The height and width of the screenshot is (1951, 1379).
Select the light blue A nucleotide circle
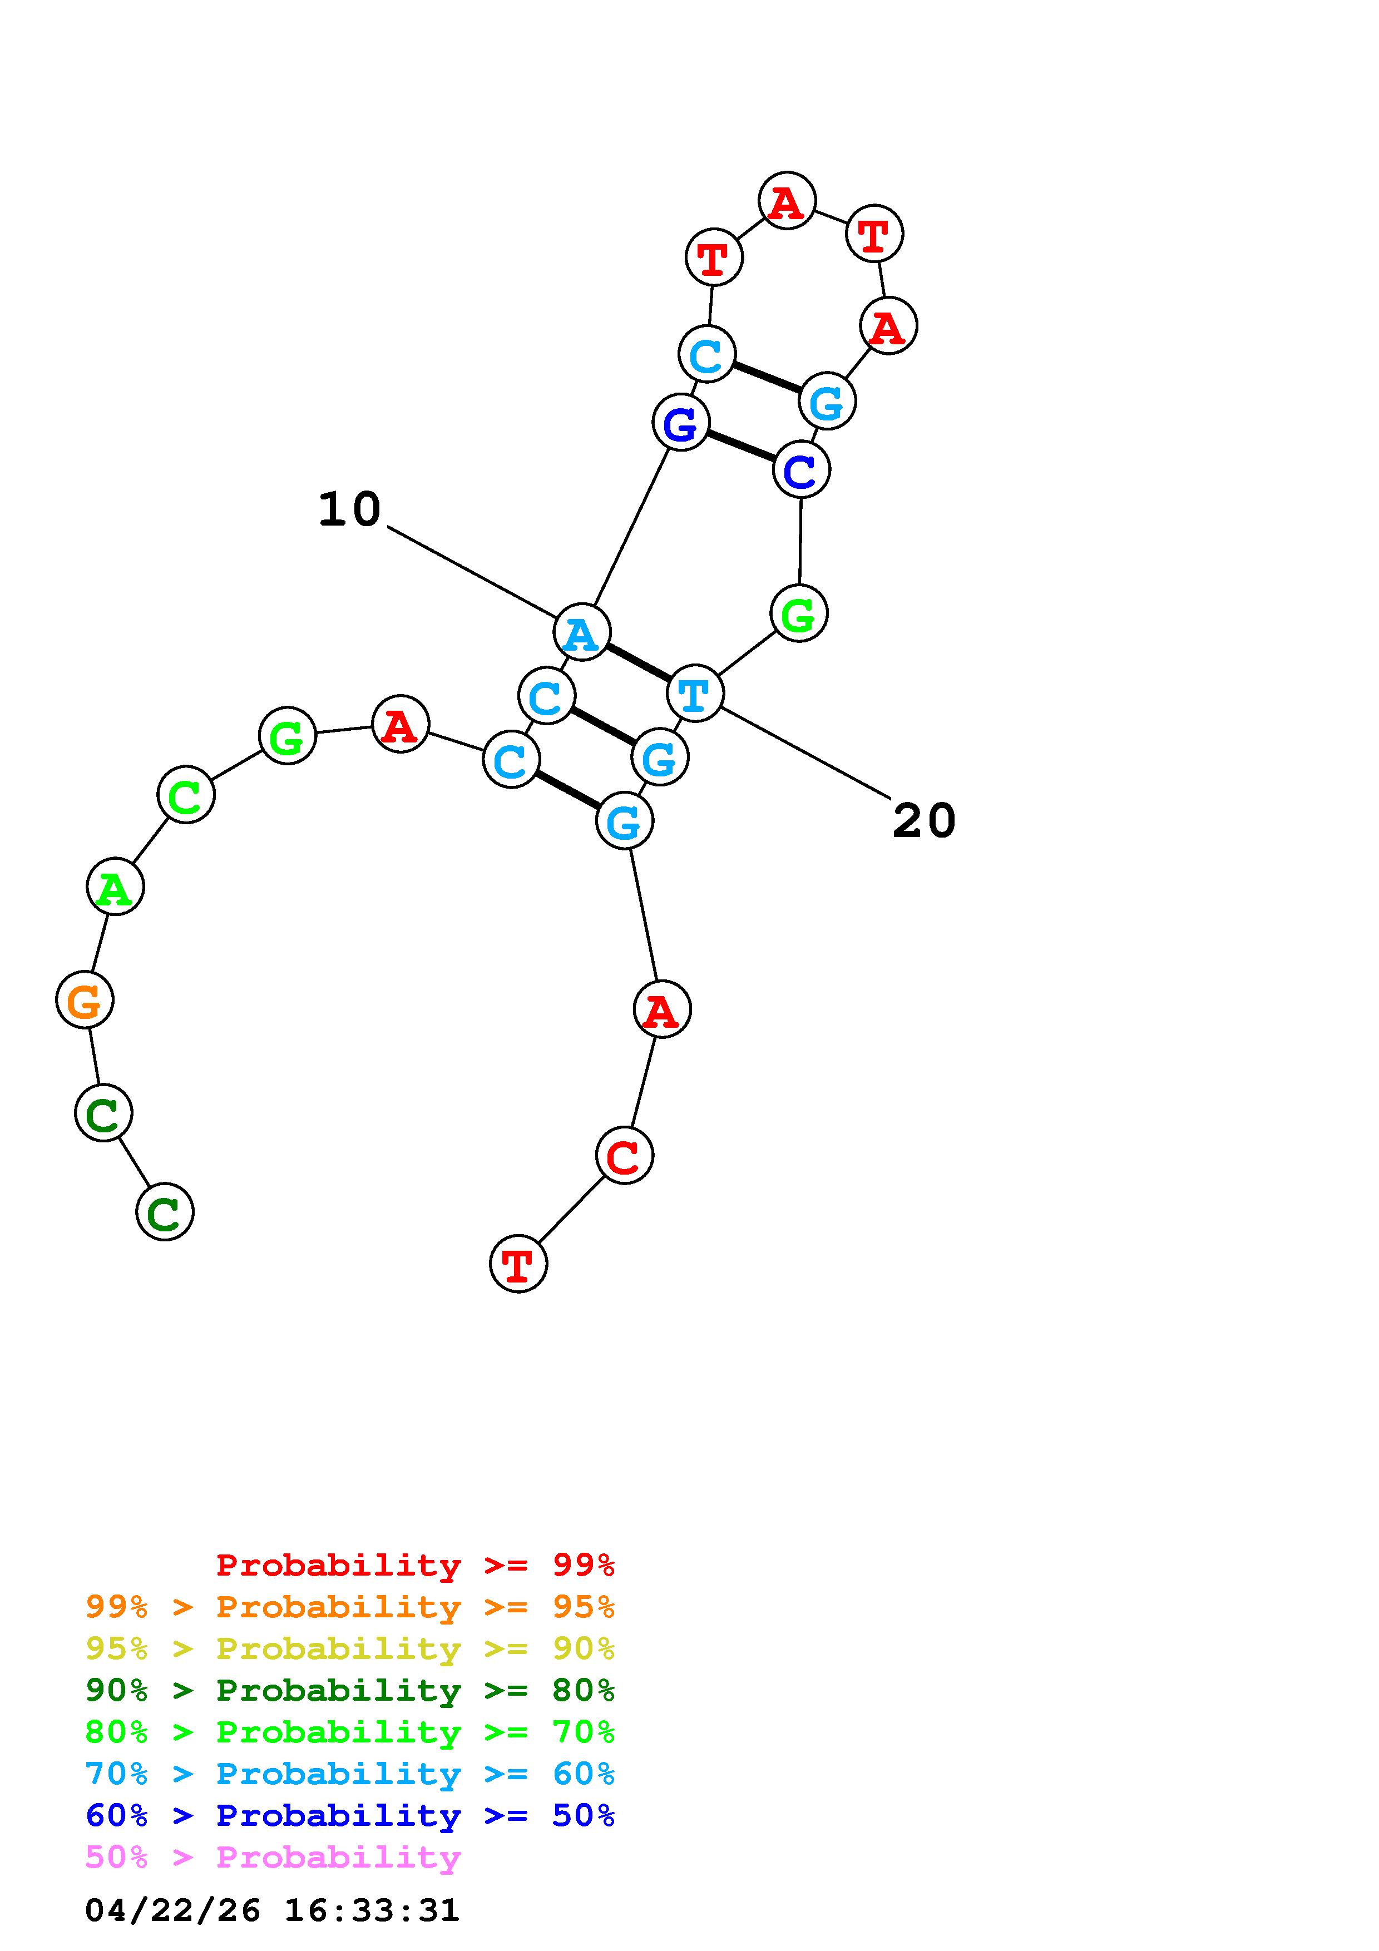[x=582, y=632]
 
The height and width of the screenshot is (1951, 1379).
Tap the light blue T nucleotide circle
[x=695, y=694]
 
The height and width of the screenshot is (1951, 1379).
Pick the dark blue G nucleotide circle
[x=680, y=422]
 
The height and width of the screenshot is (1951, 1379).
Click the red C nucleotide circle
[x=625, y=1156]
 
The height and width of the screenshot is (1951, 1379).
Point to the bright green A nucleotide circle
[x=116, y=887]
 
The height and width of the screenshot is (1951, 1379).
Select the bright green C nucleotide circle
[x=186, y=795]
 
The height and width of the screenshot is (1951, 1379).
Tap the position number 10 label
[x=349, y=510]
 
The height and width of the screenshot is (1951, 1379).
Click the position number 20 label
[x=923, y=821]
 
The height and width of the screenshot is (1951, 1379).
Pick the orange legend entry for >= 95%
[x=350, y=1607]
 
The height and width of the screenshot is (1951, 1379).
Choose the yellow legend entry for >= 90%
[x=350, y=1648]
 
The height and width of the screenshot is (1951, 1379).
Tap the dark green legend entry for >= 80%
[x=350, y=1690]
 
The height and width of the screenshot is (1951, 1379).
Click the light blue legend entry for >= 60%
[x=350, y=1774]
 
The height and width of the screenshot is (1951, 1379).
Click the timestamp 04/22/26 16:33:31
[x=272, y=1910]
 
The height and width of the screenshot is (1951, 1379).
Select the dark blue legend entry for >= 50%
[x=350, y=1815]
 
